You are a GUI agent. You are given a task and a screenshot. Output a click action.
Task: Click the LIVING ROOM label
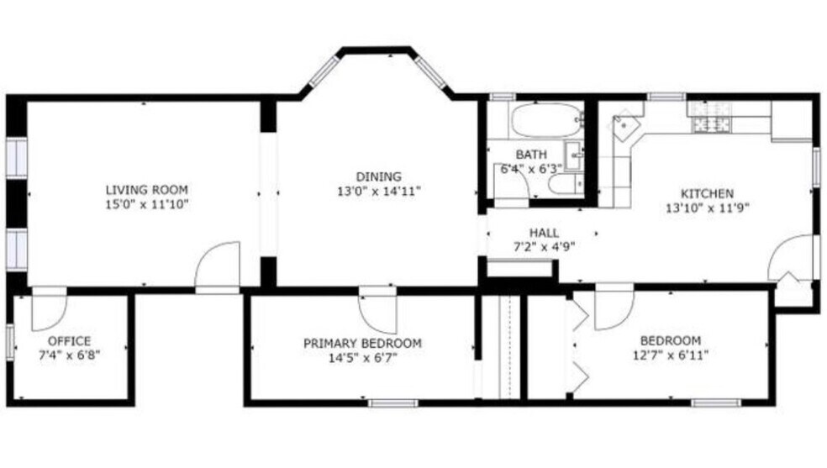click(146, 189)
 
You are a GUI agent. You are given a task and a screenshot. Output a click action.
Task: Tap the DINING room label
click(378, 176)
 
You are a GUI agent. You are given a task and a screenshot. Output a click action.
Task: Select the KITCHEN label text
click(707, 193)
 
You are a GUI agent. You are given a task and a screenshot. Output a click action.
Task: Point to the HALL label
click(544, 233)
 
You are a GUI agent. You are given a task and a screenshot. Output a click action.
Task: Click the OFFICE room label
click(69, 341)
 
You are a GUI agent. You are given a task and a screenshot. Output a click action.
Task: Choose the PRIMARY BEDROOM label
click(362, 343)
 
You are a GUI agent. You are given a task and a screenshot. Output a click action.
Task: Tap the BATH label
click(531, 155)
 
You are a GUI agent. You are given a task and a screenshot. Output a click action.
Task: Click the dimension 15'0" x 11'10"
click(146, 203)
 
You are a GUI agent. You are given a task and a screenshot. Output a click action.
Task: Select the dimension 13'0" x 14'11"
click(378, 191)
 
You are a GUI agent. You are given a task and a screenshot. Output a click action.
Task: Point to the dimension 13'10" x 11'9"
click(707, 207)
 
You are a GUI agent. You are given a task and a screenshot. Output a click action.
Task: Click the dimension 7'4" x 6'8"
click(69, 355)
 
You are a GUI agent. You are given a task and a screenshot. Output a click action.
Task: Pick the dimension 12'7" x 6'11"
click(670, 355)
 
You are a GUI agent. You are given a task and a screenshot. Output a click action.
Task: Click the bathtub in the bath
click(545, 120)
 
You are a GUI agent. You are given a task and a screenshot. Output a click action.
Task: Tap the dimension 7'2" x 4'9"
click(544, 246)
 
